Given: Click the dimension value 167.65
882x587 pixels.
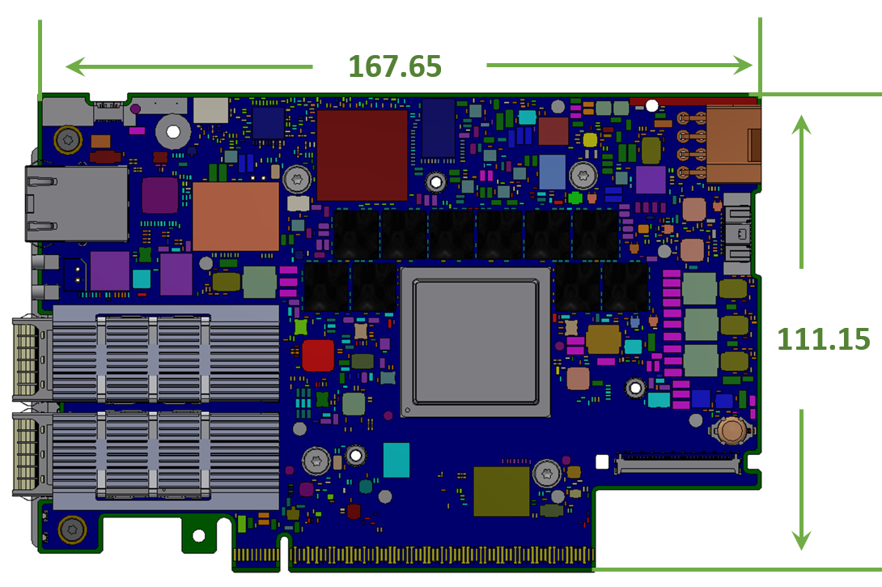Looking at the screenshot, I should [395, 66].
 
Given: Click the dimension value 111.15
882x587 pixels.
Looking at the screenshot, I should [824, 339].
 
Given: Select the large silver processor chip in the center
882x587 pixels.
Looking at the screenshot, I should [475, 342].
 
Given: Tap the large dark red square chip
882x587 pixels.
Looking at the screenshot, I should [362, 155].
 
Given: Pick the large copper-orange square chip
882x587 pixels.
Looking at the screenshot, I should [235, 216].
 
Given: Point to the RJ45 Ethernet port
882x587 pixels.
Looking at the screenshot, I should [76, 203].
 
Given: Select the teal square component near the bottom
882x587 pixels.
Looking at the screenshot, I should [396, 460].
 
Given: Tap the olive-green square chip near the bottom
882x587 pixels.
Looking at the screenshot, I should [502, 491].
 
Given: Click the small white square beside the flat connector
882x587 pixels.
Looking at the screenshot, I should [601, 462].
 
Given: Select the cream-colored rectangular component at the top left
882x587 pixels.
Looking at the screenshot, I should [210, 110].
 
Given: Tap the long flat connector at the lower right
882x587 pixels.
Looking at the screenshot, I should [677, 464].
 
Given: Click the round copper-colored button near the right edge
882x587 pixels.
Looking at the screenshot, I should [731, 430].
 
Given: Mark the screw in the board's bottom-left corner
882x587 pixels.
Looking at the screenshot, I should [72, 530].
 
